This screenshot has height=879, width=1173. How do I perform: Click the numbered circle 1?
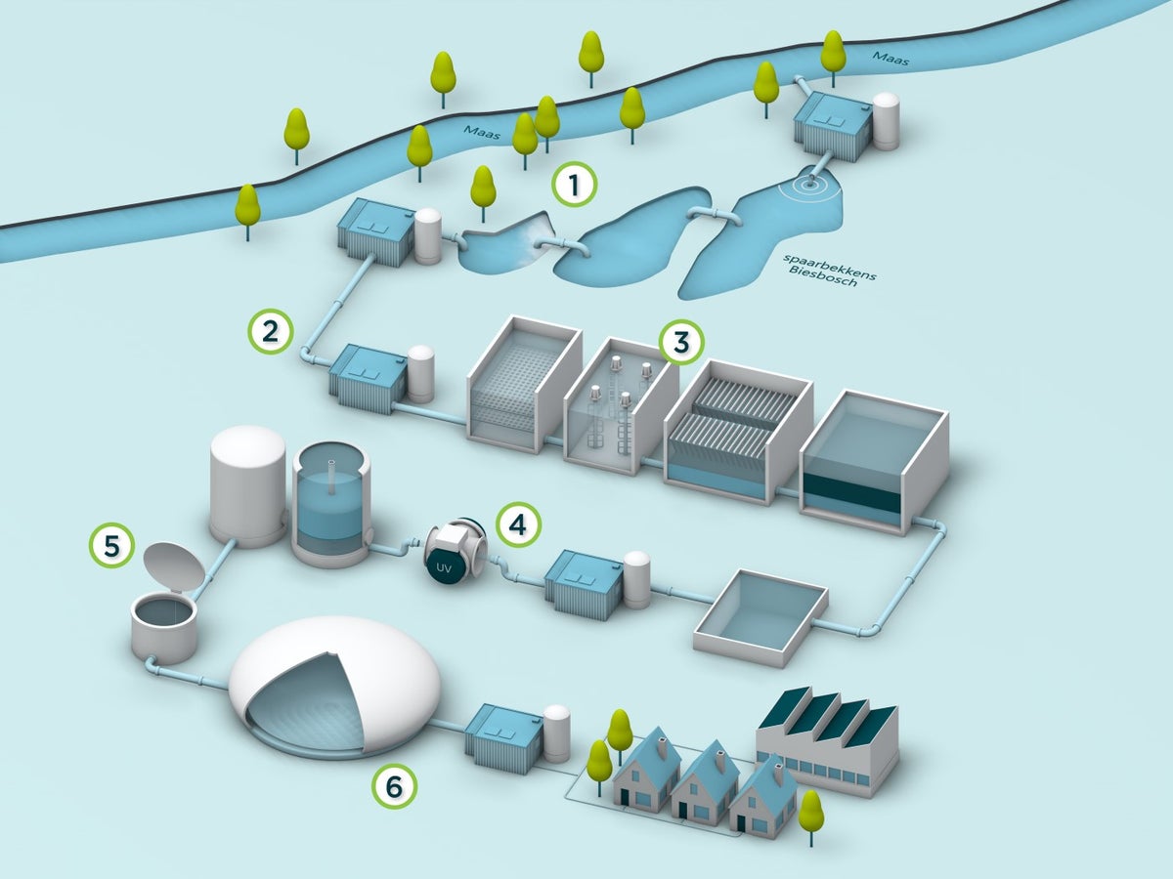(x=574, y=184)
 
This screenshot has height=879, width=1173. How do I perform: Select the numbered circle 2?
(x=271, y=331)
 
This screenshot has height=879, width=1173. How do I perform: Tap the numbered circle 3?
(x=681, y=342)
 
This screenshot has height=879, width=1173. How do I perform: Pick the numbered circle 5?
(x=112, y=545)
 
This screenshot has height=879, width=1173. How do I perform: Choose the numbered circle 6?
(x=394, y=784)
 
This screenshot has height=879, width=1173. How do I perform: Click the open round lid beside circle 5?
(x=173, y=565)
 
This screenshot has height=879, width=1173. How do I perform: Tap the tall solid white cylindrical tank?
(x=246, y=484)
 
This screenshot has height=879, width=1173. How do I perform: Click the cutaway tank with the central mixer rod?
(x=331, y=504)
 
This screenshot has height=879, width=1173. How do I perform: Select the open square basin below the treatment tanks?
(x=760, y=616)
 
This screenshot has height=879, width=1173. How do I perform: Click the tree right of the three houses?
(x=810, y=814)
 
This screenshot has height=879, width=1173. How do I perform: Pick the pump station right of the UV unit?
(x=585, y=584)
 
